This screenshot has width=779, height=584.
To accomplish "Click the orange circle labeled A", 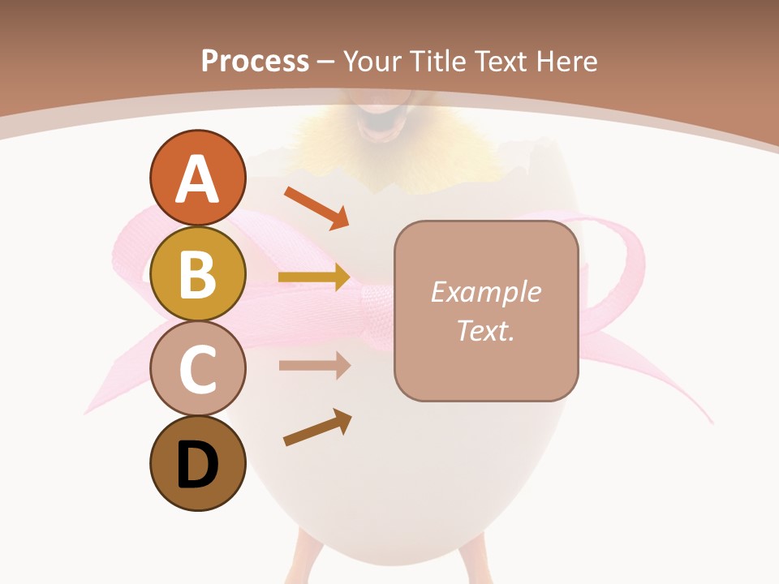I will tap(197, 178).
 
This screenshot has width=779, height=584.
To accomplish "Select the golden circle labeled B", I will tap(197, 273).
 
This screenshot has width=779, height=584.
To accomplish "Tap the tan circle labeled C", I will tap(197, 369).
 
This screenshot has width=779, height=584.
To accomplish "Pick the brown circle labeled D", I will tap(197, 464).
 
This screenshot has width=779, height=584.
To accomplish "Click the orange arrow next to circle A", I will tap(316, 208).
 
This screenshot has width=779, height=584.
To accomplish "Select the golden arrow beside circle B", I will tap(314, 277).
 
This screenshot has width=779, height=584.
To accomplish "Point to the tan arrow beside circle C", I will tap(314, 365).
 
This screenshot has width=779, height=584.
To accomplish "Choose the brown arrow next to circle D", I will tap(317, 427).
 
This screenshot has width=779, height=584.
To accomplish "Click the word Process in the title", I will tap(255, 61).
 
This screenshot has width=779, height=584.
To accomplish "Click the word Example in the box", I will tap(485, 292).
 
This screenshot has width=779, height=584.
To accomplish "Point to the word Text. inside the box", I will tap(485, 330).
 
